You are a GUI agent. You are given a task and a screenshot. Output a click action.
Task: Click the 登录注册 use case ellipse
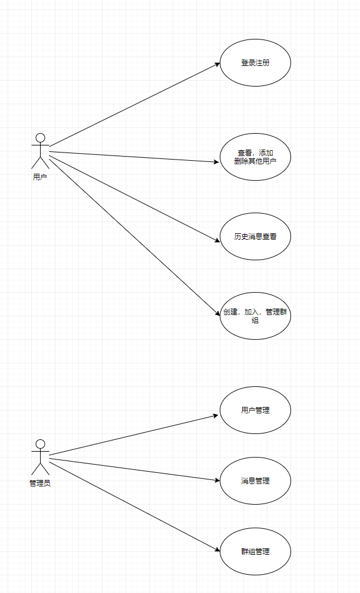[255, 63]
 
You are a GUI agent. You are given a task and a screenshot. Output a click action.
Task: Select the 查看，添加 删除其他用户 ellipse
[255, 157]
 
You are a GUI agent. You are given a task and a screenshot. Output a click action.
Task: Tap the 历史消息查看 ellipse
[255, 237]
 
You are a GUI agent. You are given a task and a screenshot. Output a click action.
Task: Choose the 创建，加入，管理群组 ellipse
[255, 316]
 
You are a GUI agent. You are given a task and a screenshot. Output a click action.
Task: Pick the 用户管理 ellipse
[255, 410]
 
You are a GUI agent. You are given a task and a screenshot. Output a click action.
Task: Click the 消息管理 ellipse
[255, 481]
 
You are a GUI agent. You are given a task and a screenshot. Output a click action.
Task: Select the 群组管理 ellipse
[255, 551]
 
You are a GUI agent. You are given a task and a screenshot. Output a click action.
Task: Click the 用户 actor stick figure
[40, 151]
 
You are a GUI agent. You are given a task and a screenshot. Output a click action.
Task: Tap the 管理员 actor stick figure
[40, 458]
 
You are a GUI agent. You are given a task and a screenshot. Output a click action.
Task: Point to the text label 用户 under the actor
[40, 176]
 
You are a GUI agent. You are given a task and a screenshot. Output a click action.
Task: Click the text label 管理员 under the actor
[40, 483]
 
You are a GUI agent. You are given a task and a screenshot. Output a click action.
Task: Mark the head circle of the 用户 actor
[40, 138]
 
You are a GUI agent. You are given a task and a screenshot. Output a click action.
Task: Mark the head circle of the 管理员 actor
[40, 443]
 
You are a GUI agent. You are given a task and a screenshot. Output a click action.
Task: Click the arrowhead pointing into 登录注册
[217, 64]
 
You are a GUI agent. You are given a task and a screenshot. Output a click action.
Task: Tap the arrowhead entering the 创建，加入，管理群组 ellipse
[217, 317]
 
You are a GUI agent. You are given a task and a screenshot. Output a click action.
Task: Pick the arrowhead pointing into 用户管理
[216, 415]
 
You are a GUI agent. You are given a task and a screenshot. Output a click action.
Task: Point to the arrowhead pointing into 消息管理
[216, 480]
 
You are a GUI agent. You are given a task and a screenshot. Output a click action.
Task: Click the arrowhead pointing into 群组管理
[216, 550]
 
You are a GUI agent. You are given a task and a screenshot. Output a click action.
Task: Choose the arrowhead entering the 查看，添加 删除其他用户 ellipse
[216, 161]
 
